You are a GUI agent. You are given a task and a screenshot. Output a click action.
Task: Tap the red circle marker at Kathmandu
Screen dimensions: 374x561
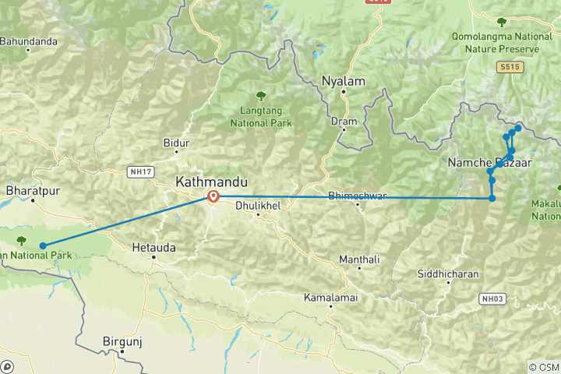tap(212, 196)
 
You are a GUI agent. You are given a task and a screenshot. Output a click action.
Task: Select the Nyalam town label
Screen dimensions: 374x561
tap(342, 80)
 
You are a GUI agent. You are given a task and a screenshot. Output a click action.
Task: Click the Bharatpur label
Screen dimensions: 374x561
tap(33, 190)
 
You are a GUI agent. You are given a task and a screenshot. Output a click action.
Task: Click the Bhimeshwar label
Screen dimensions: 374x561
tap(358, 196)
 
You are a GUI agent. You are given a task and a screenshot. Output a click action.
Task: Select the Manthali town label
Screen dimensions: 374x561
tap(359, 259)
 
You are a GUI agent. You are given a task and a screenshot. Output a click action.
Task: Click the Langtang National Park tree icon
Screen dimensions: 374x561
tap(259, 97)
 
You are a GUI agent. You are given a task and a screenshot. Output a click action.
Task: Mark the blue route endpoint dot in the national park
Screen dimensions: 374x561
tap(43, 245)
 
